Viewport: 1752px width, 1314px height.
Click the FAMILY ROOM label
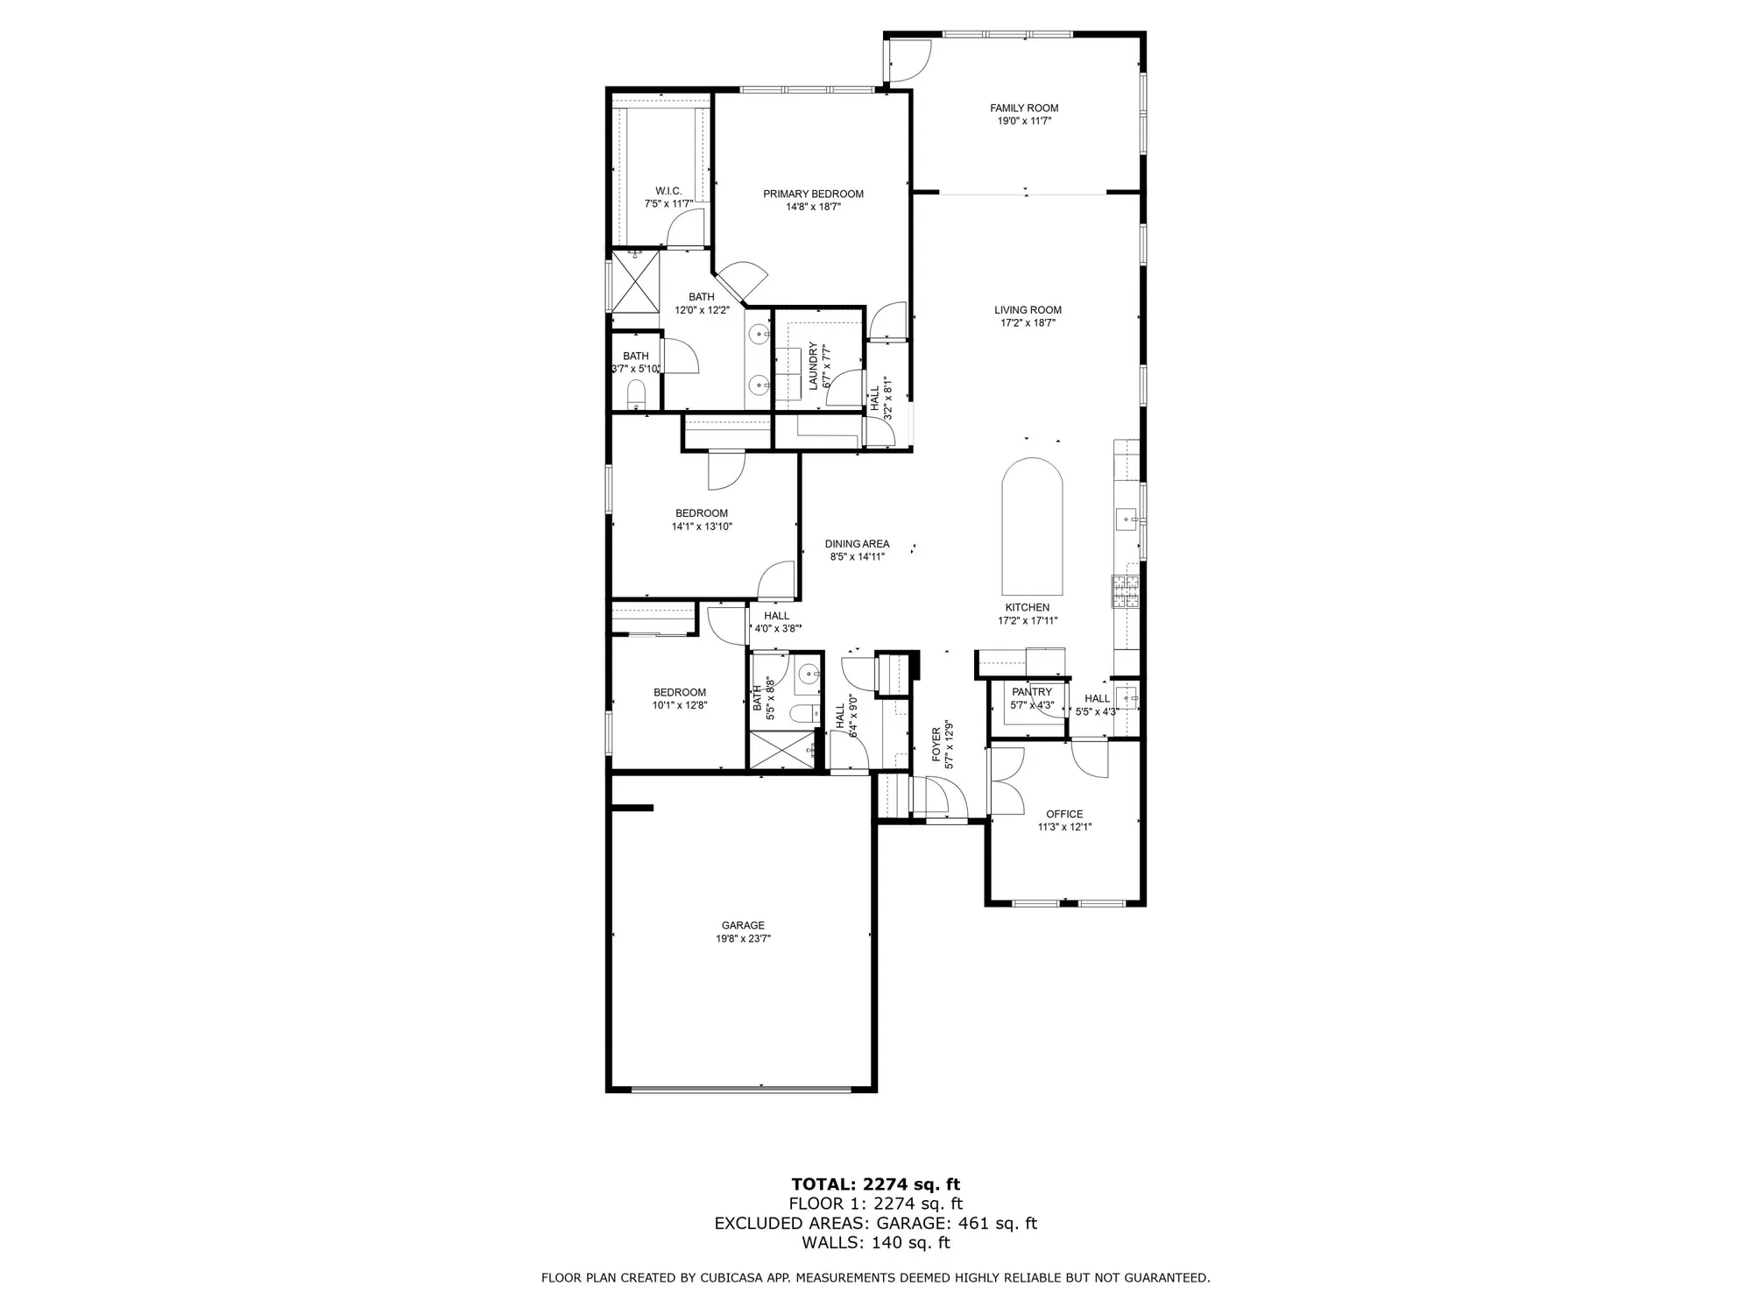pos(1024,109)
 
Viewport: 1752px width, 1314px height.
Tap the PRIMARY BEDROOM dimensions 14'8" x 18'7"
pos(813,208)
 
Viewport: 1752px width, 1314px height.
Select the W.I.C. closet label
pos(668,191)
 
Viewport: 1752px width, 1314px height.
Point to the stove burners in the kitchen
pos(1125,590)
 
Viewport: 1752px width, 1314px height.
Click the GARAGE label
pos(743,925)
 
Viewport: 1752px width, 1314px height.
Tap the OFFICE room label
pos(1064,814)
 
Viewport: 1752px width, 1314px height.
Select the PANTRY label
pos(1032,692)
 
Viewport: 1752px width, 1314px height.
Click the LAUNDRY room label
pos(813,366)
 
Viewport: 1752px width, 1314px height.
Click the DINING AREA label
pos(857,544)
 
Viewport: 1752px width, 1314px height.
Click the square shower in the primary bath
pos(633,280)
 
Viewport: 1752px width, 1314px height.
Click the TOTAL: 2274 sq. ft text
pos(875,1185)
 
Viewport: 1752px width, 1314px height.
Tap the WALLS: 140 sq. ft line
pos(875,1242)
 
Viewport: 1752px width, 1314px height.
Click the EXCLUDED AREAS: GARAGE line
pos(875,1223)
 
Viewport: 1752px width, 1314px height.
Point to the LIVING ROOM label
pos(1028,310)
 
